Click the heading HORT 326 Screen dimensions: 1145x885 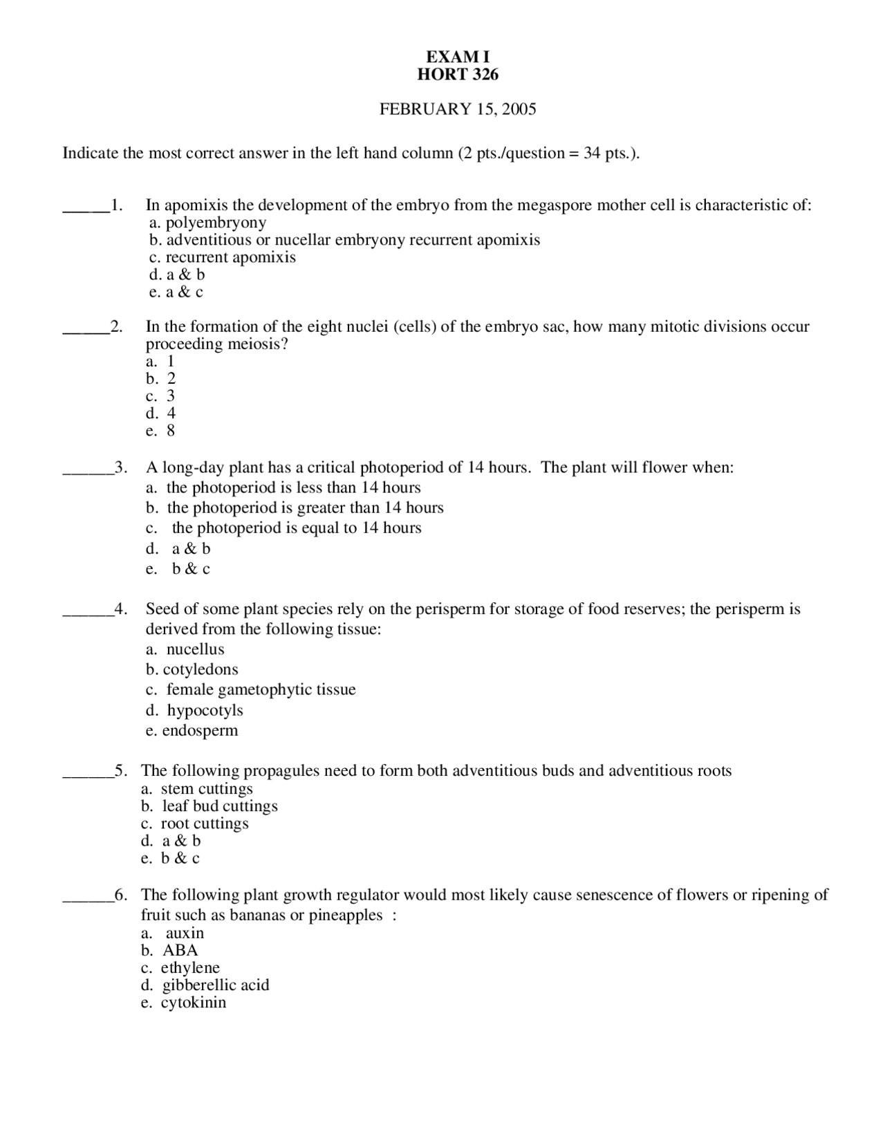pyautogui.click(x=457, y=75)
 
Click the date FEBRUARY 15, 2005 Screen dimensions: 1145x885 pyautogui.click(x=457, y=109)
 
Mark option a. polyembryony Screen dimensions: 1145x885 pyautogui.click(x=207, y=223)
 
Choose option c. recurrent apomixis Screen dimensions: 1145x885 pyautogui.click(x=222, y=257)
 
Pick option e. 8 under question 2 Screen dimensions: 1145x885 pyautogui.click(x=160, y=431)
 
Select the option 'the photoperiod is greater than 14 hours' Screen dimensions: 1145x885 pyautogui.click(x=295, y=508)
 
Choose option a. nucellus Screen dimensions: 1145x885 pyautogui.click(x=185, y=649)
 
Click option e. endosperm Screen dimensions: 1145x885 pyautogui.click(x=192, y=730)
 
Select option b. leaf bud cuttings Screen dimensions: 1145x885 pyautogui.click(x=209, y=806)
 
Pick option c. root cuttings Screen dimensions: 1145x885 pyautogui.click(x=195, y=823)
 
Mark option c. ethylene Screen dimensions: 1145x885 pyautogui.click(x=180, y=968)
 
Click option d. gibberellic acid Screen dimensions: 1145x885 pyautogui.click(x=205, y=985)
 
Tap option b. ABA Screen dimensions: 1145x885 pyautogui.click(x=170, y=951)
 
